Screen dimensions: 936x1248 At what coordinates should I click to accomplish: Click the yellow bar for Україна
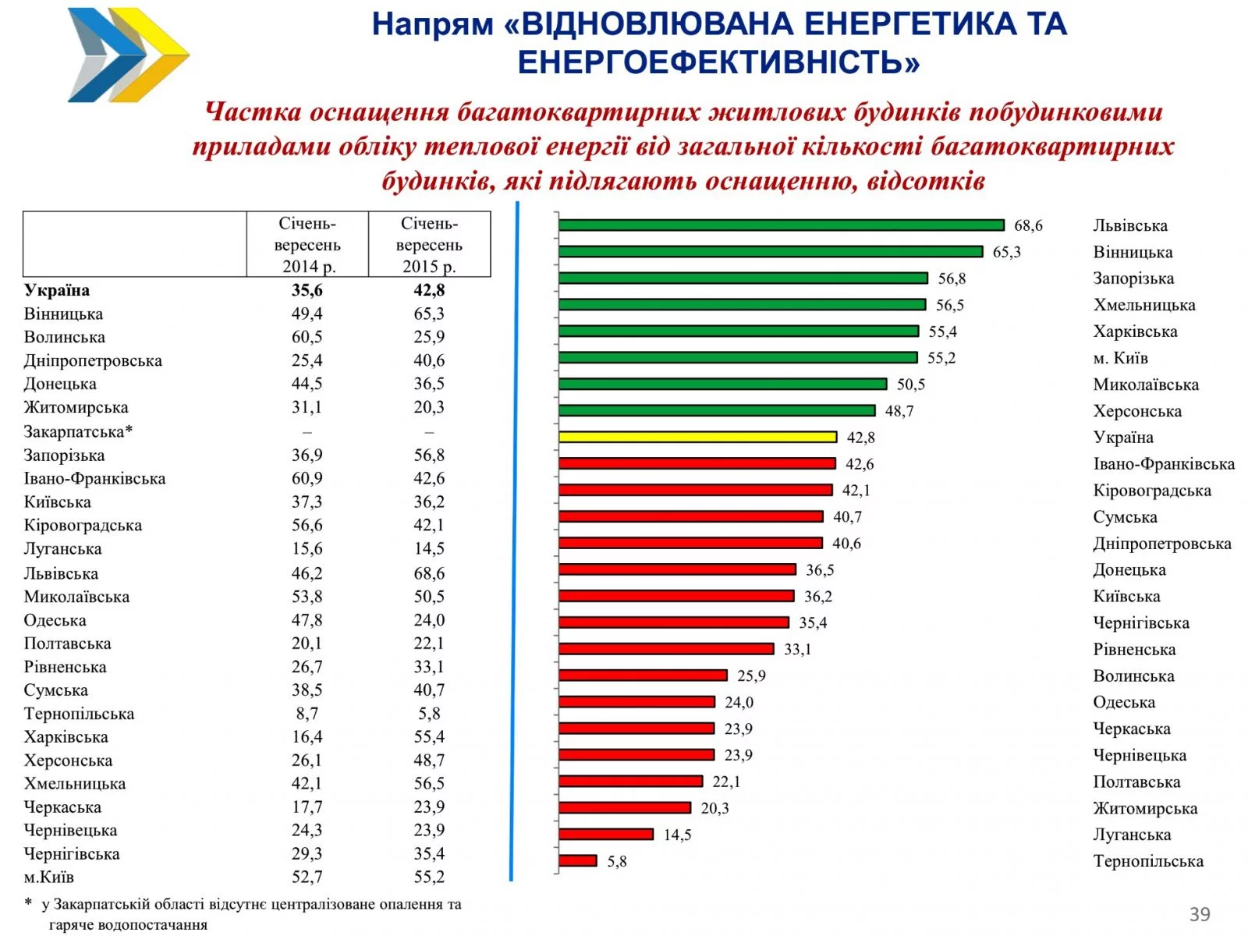click(697, 437)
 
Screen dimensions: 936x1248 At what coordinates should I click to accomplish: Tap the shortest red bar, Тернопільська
click(578, 860)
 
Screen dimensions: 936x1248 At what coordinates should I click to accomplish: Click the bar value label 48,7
click(899, 411)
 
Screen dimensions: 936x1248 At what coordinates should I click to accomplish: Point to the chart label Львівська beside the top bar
click(1130, 226)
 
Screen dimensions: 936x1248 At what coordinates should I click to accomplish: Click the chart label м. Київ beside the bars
click(1120, 358)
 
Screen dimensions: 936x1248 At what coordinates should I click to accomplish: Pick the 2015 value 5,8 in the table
click(429, 714)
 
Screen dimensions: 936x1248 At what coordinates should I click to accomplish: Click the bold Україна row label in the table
click(57, 290)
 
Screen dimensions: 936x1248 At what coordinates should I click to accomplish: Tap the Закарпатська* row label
click(78, 431)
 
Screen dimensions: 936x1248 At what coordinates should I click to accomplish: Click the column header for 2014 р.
click(307, 245)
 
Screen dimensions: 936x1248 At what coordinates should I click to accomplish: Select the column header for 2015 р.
click(429, 245)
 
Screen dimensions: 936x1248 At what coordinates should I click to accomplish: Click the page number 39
click(1200, 914)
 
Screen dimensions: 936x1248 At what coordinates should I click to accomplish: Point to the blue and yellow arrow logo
click(128, 55)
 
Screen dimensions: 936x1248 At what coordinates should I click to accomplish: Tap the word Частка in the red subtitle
click(253, 112)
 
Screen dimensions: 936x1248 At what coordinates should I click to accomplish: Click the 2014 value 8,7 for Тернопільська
click(307, 714)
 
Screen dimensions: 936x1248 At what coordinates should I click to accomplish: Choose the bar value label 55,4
click(942, 331)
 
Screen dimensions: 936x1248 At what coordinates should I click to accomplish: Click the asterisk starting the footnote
click(29, 903)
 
